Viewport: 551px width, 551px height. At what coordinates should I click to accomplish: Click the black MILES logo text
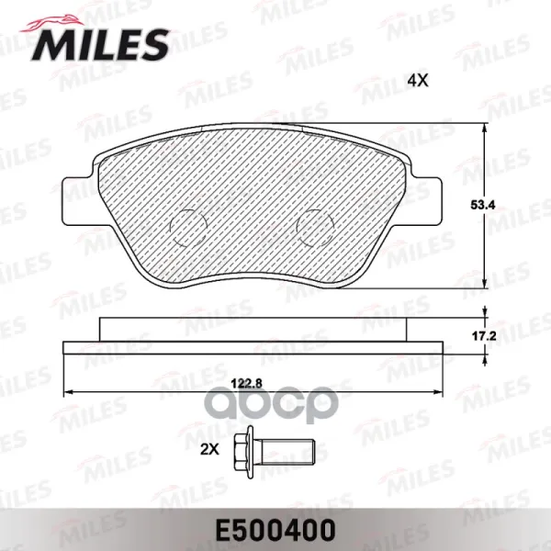point(99,44)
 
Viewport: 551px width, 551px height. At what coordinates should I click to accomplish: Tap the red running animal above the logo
point(52,23)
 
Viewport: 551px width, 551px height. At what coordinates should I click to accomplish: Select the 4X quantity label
point(418,81)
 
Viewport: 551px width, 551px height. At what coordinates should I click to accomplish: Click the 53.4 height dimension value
point(483,205)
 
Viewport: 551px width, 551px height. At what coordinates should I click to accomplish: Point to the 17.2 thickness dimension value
point(484,337)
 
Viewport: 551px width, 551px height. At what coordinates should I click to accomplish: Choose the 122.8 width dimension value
point(246,383)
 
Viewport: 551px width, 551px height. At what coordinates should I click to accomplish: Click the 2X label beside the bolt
point(209,449)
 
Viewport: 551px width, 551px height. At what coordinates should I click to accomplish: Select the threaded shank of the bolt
point(284,451)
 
